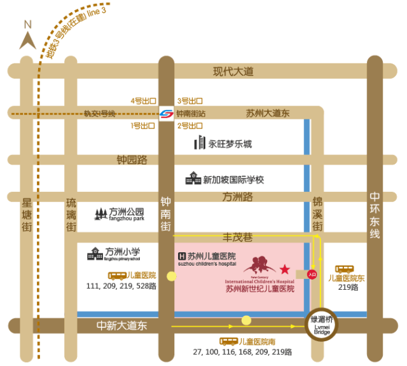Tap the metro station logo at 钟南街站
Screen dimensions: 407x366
tap(167, 114)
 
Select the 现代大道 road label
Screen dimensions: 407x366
tap(233, 72)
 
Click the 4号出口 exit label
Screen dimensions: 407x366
tap(143, 101)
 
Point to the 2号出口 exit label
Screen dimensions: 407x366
tap(190, 126)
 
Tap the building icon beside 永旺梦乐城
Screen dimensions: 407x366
tap(200, 143)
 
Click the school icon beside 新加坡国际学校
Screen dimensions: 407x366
tap(193, 179)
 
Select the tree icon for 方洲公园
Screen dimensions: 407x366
tap(100, 214)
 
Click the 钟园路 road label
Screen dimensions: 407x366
tap(132, 159)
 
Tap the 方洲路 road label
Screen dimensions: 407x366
tap(238, 197)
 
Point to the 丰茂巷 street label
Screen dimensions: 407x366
tap(237, 238)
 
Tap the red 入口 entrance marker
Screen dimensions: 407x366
tap(312, 274)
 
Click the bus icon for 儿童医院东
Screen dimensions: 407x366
tap(345, 269)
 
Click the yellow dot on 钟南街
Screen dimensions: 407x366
tap(171, 276)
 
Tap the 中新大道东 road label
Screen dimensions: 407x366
tap(122, 325)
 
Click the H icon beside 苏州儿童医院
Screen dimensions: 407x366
tap(181, 256)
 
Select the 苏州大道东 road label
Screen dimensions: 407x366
tap(267, 114)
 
